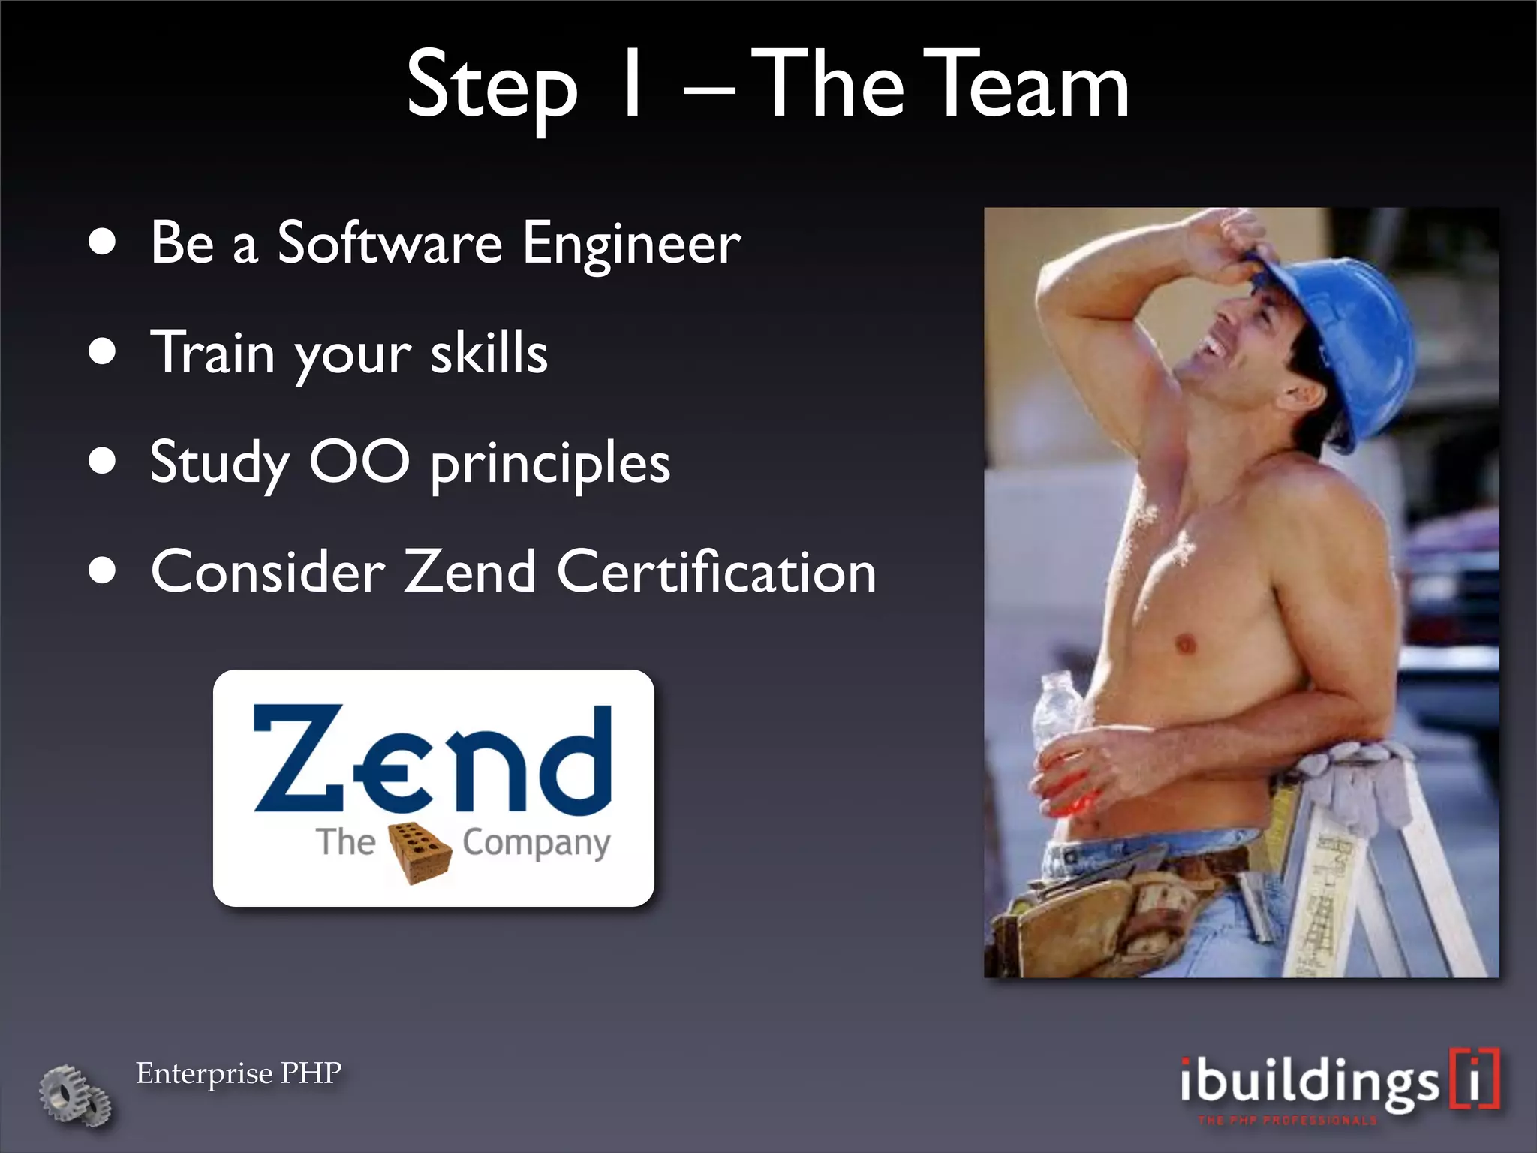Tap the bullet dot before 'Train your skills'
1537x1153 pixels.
pyautogui.click(x=102, y=351)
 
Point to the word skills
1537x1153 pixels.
pyautogui.click(x=489, y=352)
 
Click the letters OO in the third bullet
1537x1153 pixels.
pyautogui.click(x=359, y=462)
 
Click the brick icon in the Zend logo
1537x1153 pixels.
pyautogui.click(x=420, y=852)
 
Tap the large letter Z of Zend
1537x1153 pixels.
pyautogui.click(x=297, y=759)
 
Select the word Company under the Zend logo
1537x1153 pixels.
pyautogui.click(x=536, y=844)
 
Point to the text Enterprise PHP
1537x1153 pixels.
pyautogui.click(x=239, y=1073)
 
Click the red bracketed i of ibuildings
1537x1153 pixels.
pyautogui.click(x=1475, y=1079)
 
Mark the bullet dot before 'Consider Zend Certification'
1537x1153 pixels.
pyautogui.click(x=102, y=571)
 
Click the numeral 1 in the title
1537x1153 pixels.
pyautogui.click(x=633, y=84)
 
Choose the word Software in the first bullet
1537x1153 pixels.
pyautogui.click(x=390, y=244)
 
